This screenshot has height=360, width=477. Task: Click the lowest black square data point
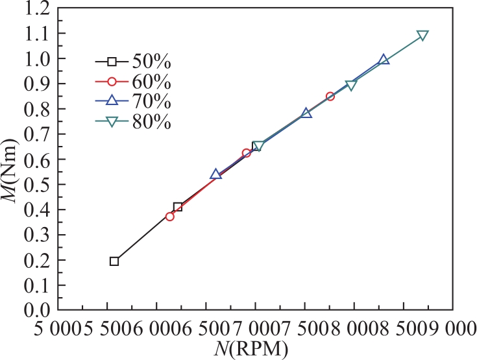114,261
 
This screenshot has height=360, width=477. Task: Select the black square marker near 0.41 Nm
178,208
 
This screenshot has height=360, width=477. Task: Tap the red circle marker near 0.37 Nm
170,217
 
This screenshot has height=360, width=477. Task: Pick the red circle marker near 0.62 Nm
247,153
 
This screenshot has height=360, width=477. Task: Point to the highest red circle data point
330,97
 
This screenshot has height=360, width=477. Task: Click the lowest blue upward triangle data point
215,174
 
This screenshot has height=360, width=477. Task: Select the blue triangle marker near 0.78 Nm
306,113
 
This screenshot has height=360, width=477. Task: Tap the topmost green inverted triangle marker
422,35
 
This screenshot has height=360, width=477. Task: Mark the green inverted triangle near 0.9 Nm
350,86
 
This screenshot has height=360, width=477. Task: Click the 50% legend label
151,62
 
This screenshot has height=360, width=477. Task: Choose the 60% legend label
151,82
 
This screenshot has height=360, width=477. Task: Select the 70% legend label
151,102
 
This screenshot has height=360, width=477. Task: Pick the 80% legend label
151,122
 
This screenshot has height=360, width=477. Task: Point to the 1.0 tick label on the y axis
36,58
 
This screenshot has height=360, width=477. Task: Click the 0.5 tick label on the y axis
36,184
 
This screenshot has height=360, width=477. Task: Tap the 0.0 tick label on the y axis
36,310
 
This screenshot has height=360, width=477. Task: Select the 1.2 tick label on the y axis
36,8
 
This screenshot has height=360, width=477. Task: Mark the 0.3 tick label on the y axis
36,235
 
